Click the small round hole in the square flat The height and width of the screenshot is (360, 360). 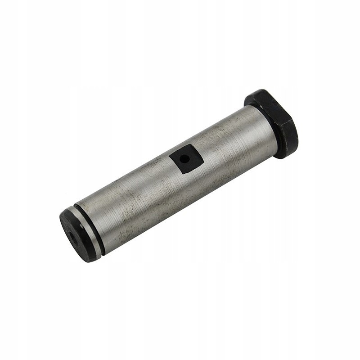[184, 158]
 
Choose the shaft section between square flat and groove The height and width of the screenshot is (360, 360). [135, 198]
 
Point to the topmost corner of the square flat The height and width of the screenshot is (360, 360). [194, 144]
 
